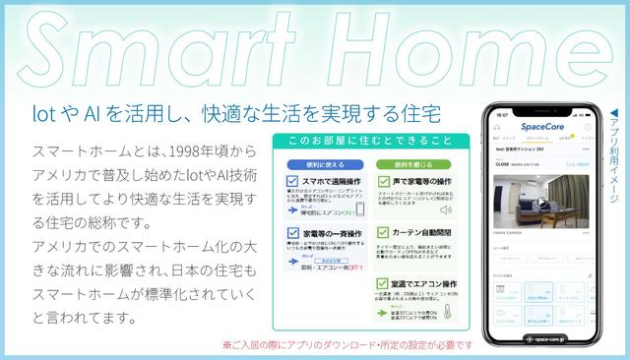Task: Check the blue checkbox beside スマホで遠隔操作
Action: click(292, 182)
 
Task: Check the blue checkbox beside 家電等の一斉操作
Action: click(292, 234)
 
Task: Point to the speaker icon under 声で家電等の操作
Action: click(445, 210)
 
